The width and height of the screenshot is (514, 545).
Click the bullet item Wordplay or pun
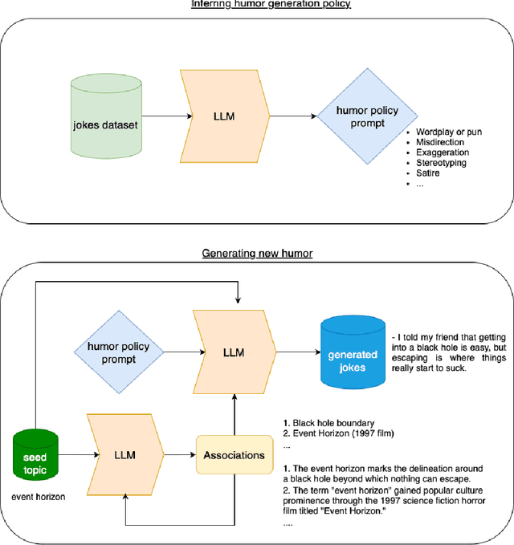tap(453, 131)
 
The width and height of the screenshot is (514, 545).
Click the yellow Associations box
tap(233, 455)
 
